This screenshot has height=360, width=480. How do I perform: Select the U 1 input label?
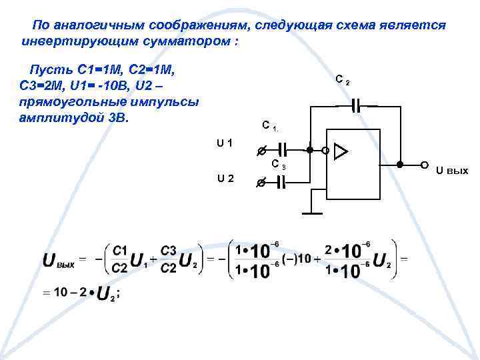(x=225, y=142)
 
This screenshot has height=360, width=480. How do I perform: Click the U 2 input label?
(x=225, y=178)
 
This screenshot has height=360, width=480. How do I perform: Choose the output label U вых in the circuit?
(x=452, y=171)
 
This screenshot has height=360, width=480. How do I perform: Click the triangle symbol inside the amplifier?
(x=341, y=151)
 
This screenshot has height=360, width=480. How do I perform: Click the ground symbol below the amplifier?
(x=311, y=213)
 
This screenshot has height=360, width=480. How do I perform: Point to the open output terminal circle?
(x=424, y=164)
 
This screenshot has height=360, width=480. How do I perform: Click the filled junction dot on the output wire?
(x=399, y=164)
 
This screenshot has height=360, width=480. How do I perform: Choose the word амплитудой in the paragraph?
(x=55, y=118)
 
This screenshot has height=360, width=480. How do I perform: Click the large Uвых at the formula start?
(x=59, y=259)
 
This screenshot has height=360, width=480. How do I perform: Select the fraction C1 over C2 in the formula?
(x=120, y=259)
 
